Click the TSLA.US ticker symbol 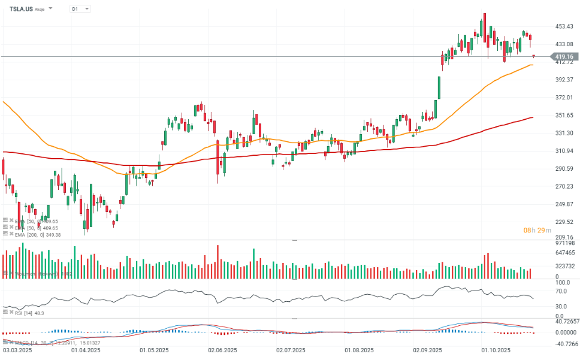[22, 9]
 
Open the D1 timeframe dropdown [80, 9]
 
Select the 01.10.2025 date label [494, 349]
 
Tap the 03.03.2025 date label [14, 349]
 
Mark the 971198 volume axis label [564, 243]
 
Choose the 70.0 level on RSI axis [561, 291]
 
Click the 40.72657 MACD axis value [566, 322]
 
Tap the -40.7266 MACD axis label [564, 344]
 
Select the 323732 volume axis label [564, 266]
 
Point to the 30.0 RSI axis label [561, 307]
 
